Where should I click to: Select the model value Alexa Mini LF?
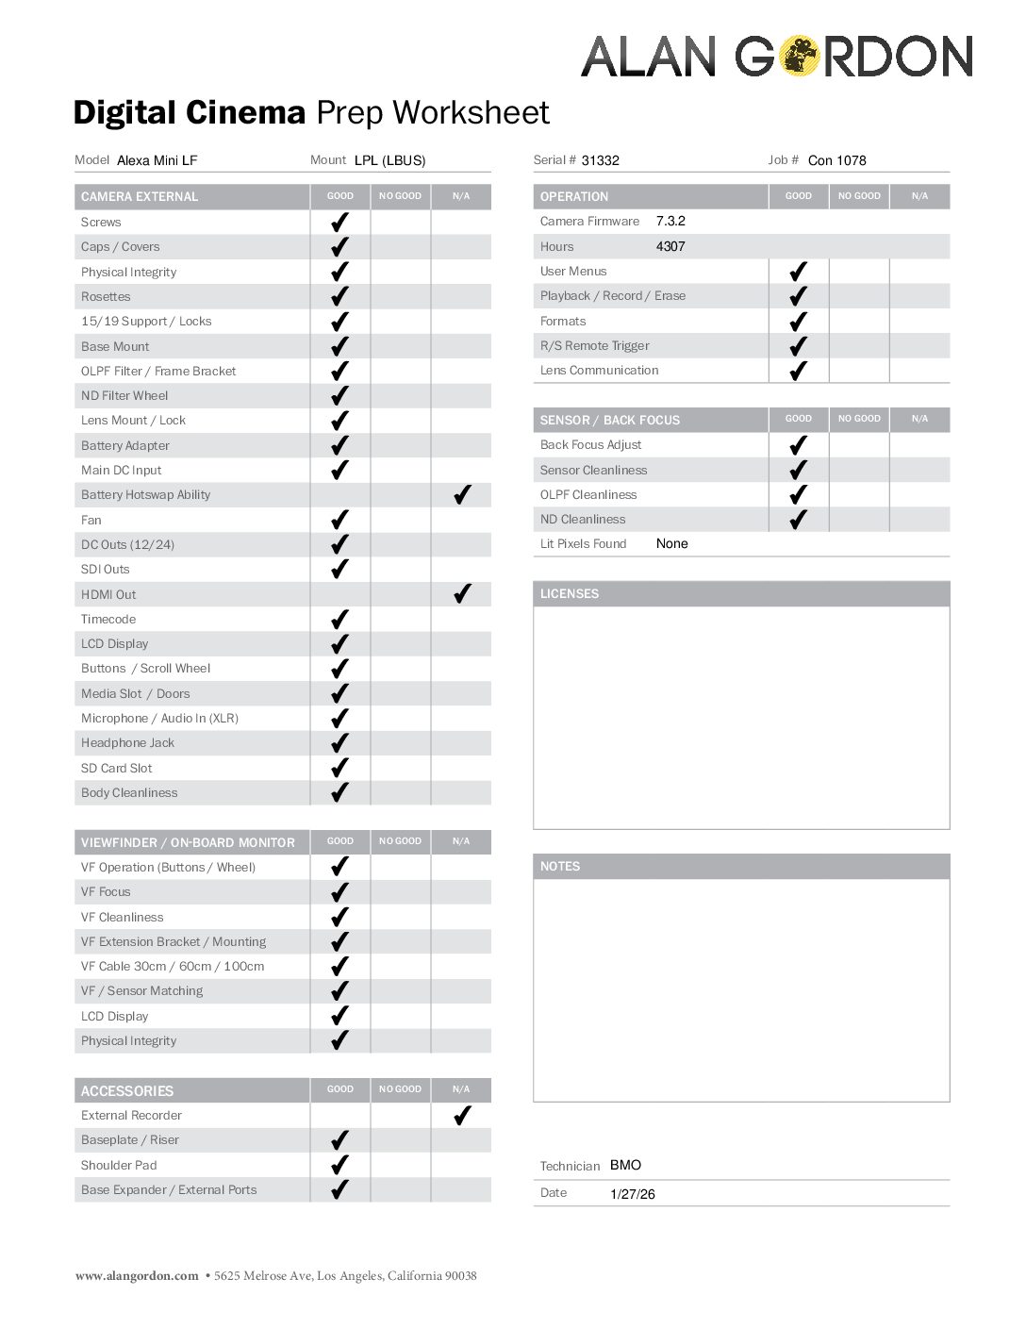tap(157, 160)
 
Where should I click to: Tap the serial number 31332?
tap(600, 160)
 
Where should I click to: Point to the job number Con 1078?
tap(836, 160)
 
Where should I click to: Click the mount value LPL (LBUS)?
tap(389, 160)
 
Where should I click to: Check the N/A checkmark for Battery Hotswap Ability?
tap(462, 495)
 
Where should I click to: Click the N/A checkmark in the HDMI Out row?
tap(462, 594)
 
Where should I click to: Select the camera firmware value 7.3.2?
tap(670, 221)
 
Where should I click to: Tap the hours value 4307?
tap(670, 246)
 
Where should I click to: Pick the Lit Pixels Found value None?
tap(671, 543)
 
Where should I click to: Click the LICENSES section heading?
tap(570, 593)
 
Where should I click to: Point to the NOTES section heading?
tap(560, 866)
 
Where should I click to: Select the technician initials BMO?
tap(625, 1165)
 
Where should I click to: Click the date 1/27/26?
tap(632, 1194)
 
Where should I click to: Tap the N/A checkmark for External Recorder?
tap(462, 1116)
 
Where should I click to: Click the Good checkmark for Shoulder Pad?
tap(340, 1165)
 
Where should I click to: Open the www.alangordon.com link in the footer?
tap(137, 1276)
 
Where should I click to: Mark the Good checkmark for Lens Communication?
tap(798, 371)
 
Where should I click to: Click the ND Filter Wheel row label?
tap(124, 395)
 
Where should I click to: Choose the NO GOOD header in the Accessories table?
tap(400, 1089)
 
